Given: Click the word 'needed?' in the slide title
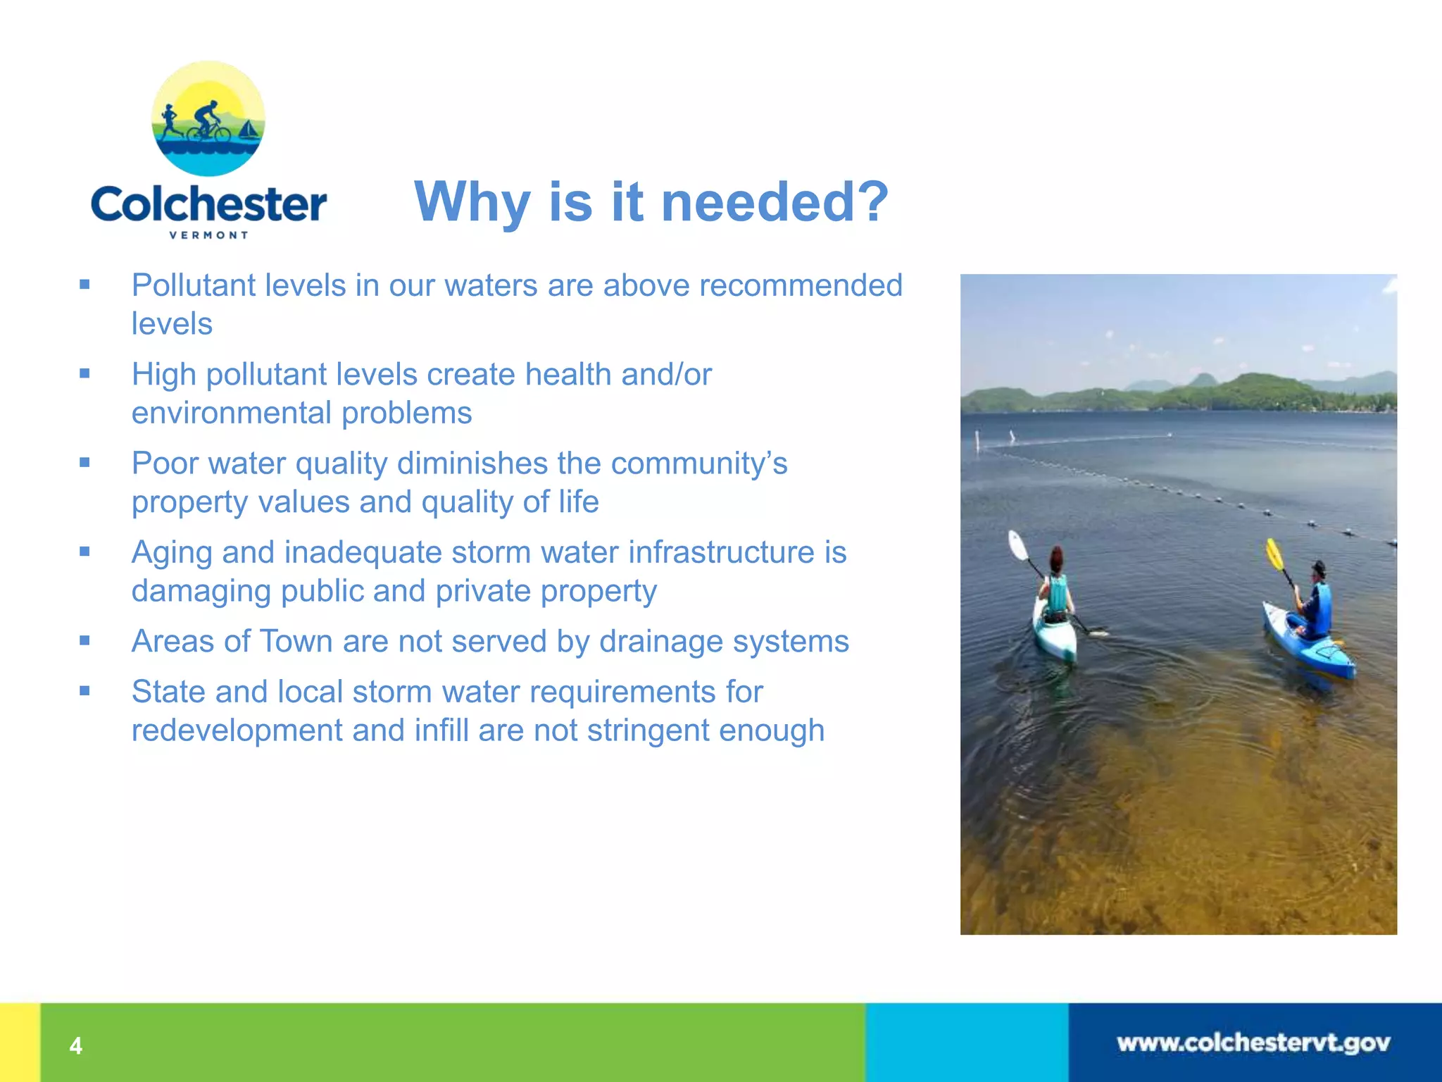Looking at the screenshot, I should (x=775, y=202).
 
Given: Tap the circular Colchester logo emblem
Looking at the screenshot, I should (x=208, y=119).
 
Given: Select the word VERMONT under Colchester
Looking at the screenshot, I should (x=208, y=235).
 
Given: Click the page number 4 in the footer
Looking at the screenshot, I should (x=76, y=1046).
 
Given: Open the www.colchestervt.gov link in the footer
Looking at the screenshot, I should (x=1253, y=1043).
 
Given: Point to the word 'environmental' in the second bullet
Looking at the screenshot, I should (x=232, y=413).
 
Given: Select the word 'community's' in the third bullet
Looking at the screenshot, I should (x=699, y=464).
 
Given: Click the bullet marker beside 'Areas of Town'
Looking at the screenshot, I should (x=85, y=641).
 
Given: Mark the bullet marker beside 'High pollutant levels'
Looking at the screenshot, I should (x=85, y=374).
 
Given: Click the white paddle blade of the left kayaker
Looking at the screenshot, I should (x=1018, y=545).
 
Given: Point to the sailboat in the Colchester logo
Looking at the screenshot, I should (x=247, y=130).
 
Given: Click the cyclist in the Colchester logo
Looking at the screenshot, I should (x=207, y=122).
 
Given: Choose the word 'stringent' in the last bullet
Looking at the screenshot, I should (x=648, y=730).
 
